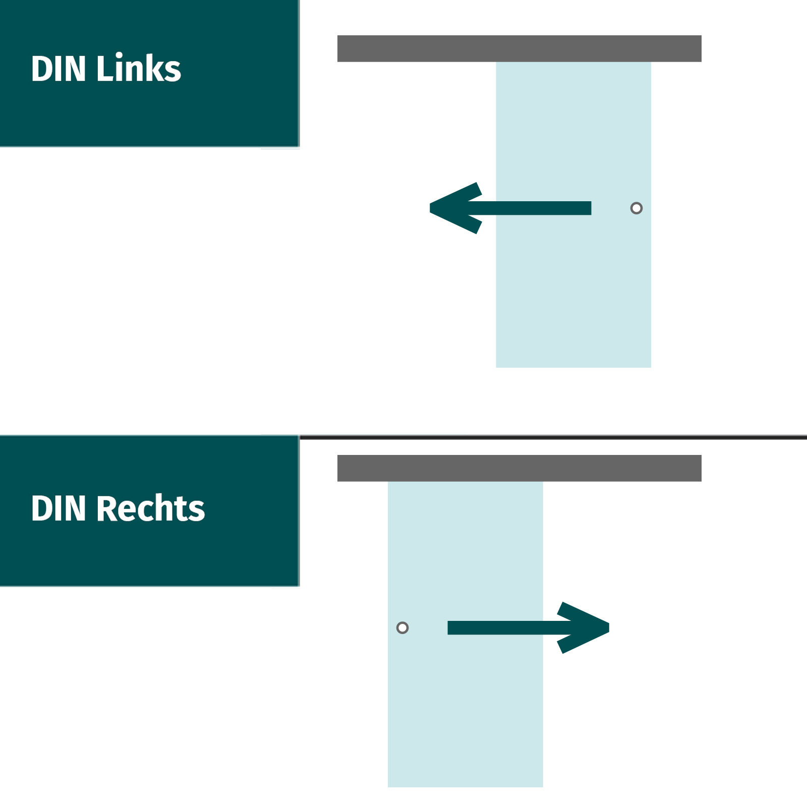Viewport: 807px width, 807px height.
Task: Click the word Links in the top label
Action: pyautogui.click(x=138, y=69)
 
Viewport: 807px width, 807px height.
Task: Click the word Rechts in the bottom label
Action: pyautogui.click(x=150, y=508)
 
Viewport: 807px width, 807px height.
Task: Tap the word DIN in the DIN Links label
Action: pyautogui.click(x=59, y=69)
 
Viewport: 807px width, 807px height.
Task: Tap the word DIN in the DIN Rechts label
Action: pyautogui.click(x=59, y=508)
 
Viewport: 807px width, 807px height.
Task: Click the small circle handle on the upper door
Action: pyautogui.click(x=637, y=208)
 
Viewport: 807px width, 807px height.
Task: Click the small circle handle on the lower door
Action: pyautogui.click(x=402, y=627)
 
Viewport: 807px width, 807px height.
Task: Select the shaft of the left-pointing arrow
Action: pyautogui.click(x=535, y=208)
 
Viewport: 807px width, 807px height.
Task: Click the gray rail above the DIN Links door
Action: pyautogui.click(x=519, y=48)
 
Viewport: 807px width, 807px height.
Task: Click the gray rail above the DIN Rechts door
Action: pyautogui.click(x=519, y=468)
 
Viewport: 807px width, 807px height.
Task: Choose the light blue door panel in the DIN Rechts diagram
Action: pyautogui.click(x=465, y=716)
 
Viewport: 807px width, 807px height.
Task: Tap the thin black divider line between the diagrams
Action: pyautogui.click(x=555, y=437)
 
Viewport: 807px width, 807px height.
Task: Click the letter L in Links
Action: pyautogui.click(x=104, y=69)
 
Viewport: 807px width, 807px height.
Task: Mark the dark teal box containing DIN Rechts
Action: pyautogui.click(x=149, y=555)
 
